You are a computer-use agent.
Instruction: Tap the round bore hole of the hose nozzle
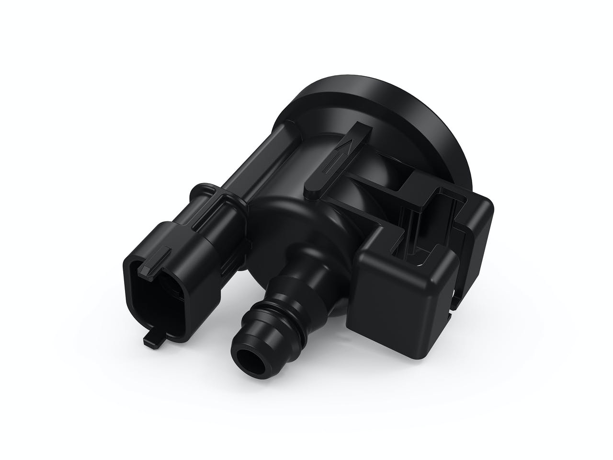[247, 359]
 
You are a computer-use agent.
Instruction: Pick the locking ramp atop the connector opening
[159, 261]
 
